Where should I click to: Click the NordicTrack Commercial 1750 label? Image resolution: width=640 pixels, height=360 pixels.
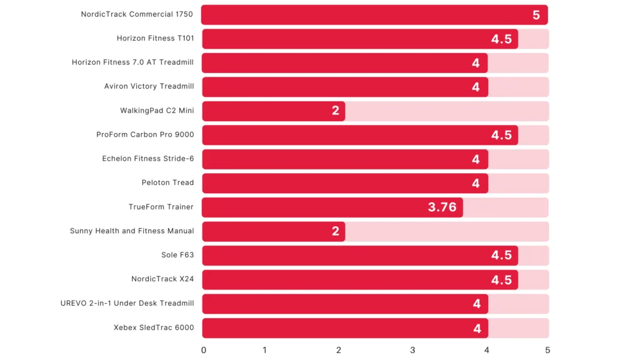(137, 14)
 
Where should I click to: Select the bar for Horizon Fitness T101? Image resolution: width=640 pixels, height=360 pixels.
(359, 39)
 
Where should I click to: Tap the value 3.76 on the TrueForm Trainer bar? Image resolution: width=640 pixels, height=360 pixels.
(442, 207)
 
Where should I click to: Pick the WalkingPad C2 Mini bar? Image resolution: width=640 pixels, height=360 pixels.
(273, 111)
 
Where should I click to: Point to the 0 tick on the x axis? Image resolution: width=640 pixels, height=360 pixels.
(204, 350)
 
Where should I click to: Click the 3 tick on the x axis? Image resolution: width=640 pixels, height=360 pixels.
(412, 350)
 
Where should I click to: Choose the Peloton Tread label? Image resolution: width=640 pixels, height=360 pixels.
(167, 182)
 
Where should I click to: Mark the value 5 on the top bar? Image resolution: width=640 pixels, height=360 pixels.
(536, 15)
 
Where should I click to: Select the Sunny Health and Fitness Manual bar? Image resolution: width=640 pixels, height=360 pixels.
(273, 231)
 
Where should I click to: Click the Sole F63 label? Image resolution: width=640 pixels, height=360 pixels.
(177, 255)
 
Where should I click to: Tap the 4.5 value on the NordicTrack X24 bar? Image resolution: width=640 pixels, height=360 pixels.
(501, 279)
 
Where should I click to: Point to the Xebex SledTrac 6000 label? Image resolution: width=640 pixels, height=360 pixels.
(154, 327)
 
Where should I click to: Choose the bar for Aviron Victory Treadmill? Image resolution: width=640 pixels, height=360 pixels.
(344, 87)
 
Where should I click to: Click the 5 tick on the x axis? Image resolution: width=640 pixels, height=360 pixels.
(547, 350)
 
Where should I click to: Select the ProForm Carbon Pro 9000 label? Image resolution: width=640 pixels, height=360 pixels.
(145, 134)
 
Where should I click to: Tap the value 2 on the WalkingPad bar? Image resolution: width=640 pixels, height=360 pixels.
(336, 111)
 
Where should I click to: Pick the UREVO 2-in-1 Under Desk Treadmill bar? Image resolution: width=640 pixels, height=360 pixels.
(344, 304)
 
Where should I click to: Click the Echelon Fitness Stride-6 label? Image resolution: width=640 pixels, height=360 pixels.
(148, 159)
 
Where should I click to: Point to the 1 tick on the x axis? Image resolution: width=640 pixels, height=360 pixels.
(264, 350)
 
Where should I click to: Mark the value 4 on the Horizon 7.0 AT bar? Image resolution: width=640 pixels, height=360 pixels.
(476, 63)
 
